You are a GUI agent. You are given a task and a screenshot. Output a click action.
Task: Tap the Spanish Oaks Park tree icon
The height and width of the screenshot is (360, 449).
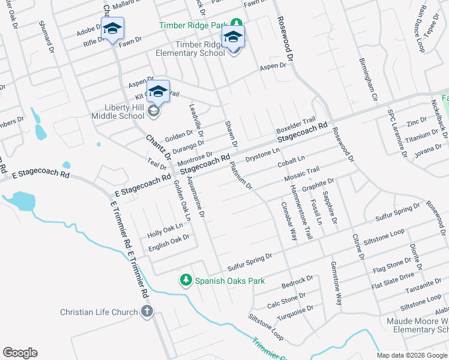186,280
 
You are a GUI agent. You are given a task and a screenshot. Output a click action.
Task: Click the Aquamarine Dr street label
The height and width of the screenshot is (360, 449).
197,197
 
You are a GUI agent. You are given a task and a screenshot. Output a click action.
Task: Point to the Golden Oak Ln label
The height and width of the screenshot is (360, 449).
182,200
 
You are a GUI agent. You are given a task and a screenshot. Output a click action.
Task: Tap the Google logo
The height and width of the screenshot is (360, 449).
20,353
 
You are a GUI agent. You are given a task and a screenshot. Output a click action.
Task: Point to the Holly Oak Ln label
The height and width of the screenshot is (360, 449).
165,229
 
